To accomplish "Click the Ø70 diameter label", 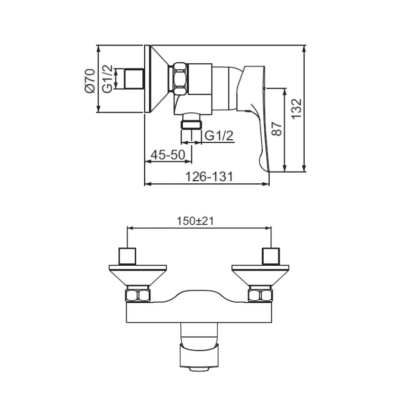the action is (x=90, y=80).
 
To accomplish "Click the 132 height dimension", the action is (x=296, y=108).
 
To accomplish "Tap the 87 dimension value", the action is (x=276, y=129).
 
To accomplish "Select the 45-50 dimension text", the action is (x=168, y=155).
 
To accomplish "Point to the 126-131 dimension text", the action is (x=209, y=177).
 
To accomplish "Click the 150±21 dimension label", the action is (x=195, y=221).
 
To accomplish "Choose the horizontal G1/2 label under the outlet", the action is (x=219, y=136).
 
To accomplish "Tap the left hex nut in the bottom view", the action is (x=138, y=295).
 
